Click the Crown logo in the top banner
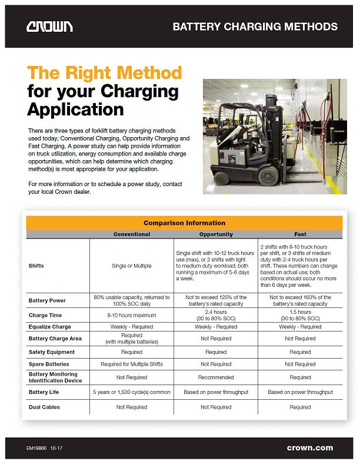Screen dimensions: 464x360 pos(49,26)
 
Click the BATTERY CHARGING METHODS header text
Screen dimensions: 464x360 pos(255,26)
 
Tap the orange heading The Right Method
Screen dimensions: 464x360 pos(105,73)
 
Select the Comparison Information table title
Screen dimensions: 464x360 pos(184,223)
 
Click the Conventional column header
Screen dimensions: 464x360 pos(131,234)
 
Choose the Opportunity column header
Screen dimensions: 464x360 pos(216,234)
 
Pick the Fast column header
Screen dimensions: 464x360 pos(300,234)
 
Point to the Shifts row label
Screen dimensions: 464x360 pos(36,266)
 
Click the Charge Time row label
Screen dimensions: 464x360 pos(45,316)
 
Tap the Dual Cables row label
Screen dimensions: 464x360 pos(44,407)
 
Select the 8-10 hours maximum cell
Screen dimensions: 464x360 pos(131,316)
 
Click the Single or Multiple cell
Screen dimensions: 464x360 pos(131,266)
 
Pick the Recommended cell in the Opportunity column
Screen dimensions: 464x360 pos(216,377)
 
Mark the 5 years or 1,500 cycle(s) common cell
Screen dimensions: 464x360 pos(131,392)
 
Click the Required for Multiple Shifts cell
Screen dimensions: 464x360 pos(131,364)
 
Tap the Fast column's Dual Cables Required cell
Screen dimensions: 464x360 pos(300,407)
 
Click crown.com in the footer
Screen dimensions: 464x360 pos(310,448)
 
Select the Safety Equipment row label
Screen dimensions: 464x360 pos(52,352)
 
